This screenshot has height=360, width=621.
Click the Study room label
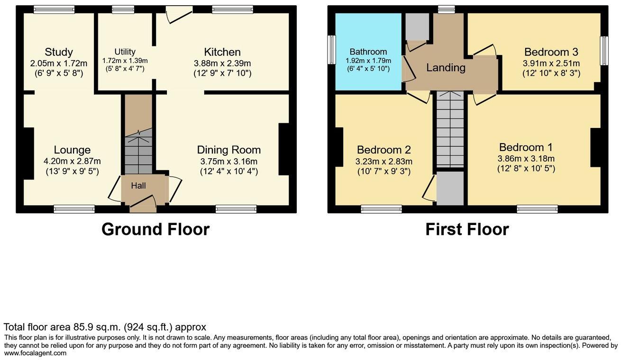59,52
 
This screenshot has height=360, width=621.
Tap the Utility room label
125,52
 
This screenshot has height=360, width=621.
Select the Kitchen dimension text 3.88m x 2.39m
222,63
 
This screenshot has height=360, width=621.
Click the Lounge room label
72,150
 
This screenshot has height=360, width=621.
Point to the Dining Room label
228,150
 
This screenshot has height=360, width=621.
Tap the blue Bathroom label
368,52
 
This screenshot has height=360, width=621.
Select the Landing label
446,68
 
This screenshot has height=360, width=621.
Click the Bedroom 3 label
551,52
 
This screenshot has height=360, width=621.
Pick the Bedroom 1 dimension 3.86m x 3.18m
526,159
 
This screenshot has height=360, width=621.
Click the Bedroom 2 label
384,150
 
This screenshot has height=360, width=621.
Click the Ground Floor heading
155,229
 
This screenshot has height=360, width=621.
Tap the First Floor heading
467,229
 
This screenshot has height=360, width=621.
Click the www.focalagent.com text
36,353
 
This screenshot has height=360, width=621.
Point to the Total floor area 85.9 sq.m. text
105,327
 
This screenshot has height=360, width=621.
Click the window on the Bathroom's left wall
332,49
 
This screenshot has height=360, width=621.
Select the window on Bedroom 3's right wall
604,51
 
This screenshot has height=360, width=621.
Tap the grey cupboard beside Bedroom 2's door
450,188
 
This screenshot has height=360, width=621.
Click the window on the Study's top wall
54,9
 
